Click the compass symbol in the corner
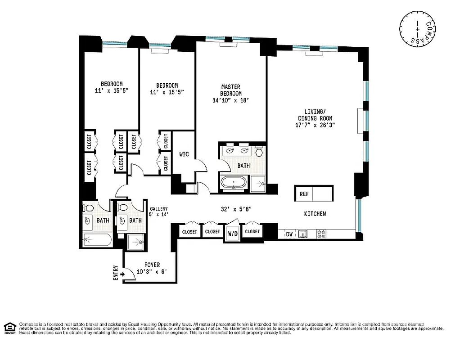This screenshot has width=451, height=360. [x=418, y=28]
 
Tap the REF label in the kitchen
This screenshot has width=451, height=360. [x=304, y=194]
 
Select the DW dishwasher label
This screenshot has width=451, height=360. [x=289, y=234]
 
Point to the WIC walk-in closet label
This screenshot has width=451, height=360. [x=184, y=154]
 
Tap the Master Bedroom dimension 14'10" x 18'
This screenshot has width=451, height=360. [x=230, y=100]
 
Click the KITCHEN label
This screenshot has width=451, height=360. [x=315, y=214]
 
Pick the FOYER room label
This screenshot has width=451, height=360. [x=152, y=265]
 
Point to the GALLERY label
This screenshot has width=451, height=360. [x=159, y=209]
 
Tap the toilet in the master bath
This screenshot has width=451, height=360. [x=259, y=152]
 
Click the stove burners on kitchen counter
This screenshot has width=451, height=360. [x=322, y=234]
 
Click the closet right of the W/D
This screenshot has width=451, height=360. [x=253, y=231]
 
